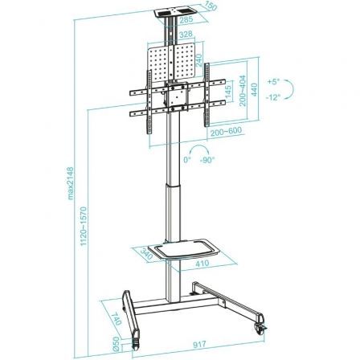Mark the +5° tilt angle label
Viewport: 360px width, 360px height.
point(275,81)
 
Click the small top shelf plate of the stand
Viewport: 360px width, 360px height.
point(171,13)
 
